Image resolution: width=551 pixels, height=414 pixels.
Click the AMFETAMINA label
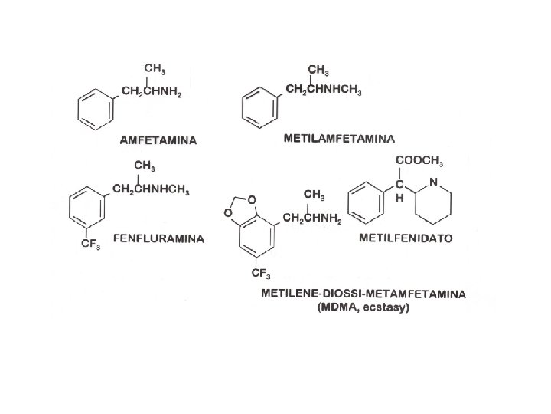tap(158, 140)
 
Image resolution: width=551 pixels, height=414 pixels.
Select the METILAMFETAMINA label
tap(339, 139)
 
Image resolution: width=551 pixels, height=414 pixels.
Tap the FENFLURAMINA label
tap(159, 238)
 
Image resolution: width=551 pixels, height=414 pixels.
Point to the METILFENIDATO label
tap(406, 238)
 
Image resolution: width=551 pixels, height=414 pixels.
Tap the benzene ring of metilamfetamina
tap(259, 106)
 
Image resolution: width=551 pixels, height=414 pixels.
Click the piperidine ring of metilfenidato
tap(434, 199)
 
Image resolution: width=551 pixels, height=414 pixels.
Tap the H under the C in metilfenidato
tap(399, 197)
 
